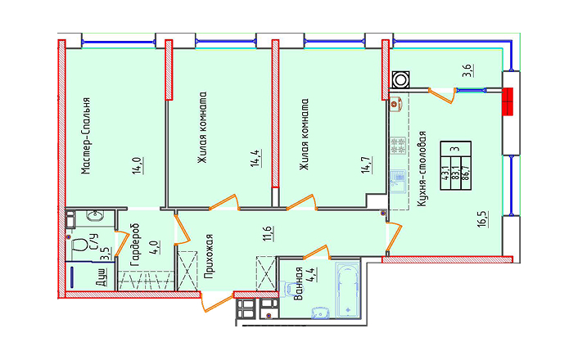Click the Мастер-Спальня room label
tap(85, 136)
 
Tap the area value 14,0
tap(138, 165)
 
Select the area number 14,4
tap(256, 159)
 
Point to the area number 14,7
tap(367, 164)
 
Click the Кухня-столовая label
tap(422, 169)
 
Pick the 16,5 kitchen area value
tap(484, 219)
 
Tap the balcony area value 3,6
tap(468, 70)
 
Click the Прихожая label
tap(209, 256)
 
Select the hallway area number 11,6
tap(268, 234)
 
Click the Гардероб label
tap(135, 245)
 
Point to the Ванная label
tap(299, 283)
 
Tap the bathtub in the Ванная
tap(348, 290)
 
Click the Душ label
tap(102, 277)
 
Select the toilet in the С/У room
tap(78, 245)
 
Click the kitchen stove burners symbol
tap(398, 146)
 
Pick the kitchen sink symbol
tap(398, 182)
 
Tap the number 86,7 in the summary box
tap(467, 173)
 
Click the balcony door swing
tap(441, 95)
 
